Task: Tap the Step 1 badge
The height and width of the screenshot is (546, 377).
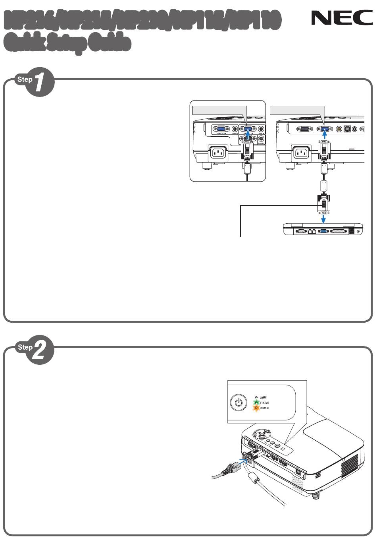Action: coord(35,82)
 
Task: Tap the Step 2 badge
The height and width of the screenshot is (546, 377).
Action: coord(35,350)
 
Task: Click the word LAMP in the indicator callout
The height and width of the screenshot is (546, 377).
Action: coord(263,397)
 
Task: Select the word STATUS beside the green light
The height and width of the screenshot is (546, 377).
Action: coord(264,403)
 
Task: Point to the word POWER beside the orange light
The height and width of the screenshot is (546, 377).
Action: coord(264,408)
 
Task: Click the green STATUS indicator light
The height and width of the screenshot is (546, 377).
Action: coord(256,403)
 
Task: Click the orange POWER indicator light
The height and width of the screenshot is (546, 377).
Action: coord(256,408)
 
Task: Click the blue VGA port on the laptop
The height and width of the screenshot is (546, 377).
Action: coord(323,231)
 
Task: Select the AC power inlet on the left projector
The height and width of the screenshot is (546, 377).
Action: coord(218,153)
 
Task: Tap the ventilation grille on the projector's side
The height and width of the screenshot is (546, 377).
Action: coord(349,463)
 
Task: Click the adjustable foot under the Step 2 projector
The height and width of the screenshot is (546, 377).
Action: coord(316,496)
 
